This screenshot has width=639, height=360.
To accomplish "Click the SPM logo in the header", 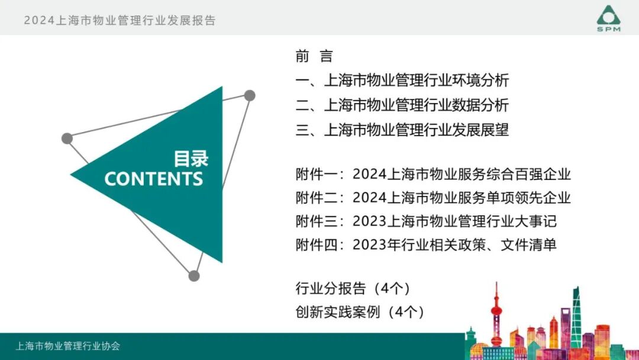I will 608,18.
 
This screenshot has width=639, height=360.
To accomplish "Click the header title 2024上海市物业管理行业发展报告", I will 120,20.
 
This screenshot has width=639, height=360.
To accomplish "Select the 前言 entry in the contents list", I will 314,57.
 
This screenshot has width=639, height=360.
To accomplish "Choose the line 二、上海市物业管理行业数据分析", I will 402,106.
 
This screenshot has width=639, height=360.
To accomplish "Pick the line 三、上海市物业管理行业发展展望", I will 402,130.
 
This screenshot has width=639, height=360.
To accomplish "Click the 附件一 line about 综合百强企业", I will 433,175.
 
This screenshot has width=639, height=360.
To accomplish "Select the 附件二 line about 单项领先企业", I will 433,198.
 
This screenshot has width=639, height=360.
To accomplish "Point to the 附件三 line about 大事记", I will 426,221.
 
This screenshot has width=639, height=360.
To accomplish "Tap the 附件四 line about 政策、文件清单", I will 426,245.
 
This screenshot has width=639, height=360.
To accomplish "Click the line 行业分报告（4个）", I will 353,289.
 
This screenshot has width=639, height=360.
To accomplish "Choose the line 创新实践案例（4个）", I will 360,312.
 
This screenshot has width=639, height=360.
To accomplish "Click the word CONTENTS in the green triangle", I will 154,179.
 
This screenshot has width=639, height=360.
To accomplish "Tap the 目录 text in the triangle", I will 191,159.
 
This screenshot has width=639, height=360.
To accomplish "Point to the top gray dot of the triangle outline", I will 250,95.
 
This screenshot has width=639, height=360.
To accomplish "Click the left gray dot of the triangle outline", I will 67,139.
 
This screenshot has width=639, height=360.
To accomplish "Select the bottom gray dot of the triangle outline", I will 194,275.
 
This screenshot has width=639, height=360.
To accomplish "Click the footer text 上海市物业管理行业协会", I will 68,346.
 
